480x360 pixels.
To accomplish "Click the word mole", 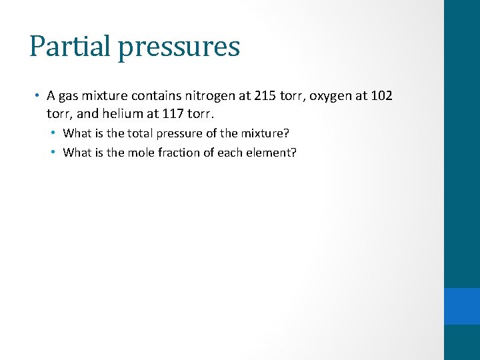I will (x=139, y=152).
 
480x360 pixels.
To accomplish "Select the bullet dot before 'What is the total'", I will (x=53, y=133).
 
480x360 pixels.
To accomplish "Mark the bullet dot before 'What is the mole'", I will (x=53, y=152).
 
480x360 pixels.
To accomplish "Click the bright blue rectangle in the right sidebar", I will (x=462, y=306).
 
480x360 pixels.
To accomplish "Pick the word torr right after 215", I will (x=289, y=96).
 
